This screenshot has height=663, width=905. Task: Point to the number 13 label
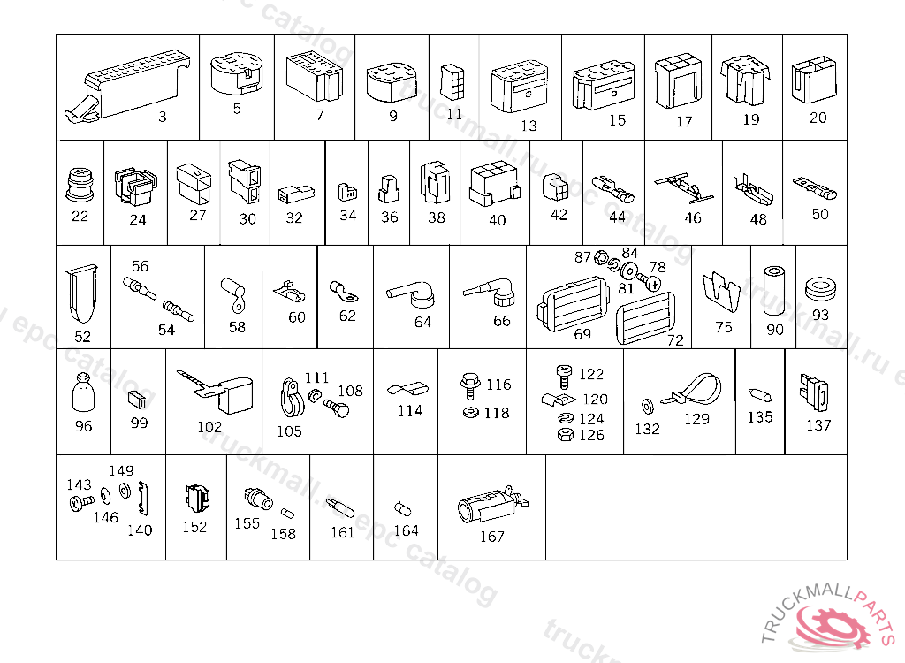[x=528, y=126]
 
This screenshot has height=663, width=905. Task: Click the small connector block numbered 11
[x=452, y=81]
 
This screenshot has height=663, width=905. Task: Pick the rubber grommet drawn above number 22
[x=80, y=186]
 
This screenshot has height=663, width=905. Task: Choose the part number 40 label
[x=498, y=218]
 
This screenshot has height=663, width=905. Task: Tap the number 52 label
[x=82, y=337]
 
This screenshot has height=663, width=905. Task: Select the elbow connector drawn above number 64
[x=411, y=292]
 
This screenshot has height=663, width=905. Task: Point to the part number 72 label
[x=675, y=339]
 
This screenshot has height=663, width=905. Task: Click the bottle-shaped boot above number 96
[x=83, y=392]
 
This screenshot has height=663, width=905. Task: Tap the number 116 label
[x=498, y=385]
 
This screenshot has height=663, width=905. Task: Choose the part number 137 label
[x=818, y=425]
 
